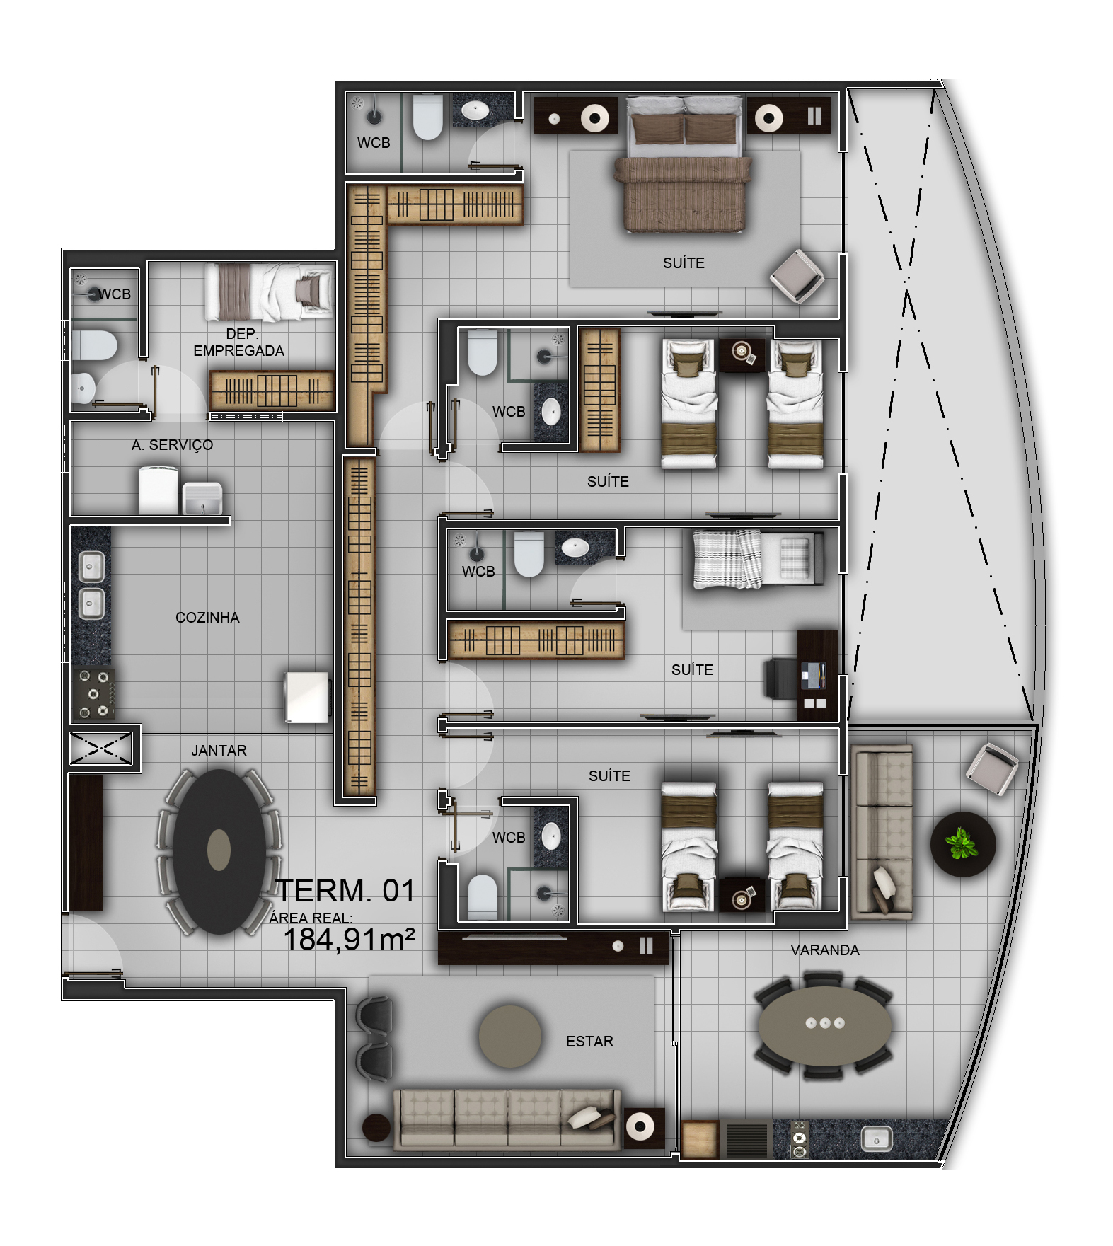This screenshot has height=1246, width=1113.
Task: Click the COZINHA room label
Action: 207,618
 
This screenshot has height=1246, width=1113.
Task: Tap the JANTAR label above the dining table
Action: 219,751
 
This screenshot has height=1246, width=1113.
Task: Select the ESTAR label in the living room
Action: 589,1042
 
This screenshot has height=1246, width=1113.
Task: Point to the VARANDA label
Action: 825,950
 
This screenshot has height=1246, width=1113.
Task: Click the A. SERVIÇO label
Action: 172,445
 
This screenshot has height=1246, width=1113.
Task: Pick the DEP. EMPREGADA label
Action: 238,342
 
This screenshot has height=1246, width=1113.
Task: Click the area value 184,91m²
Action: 349,940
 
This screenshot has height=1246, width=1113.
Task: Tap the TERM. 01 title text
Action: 345,891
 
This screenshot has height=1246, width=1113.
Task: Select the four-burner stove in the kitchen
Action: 93,693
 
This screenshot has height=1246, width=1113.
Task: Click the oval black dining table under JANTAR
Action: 219,852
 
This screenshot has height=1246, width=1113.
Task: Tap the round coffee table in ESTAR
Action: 509,1037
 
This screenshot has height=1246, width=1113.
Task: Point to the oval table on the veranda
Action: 825,1024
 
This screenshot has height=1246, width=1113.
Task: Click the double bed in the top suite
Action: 684,164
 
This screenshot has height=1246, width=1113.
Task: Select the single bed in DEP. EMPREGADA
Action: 269,292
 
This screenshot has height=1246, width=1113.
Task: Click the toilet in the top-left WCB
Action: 427,117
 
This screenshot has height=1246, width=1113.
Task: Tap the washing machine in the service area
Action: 158,490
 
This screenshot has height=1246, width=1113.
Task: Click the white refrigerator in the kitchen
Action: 307,698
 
